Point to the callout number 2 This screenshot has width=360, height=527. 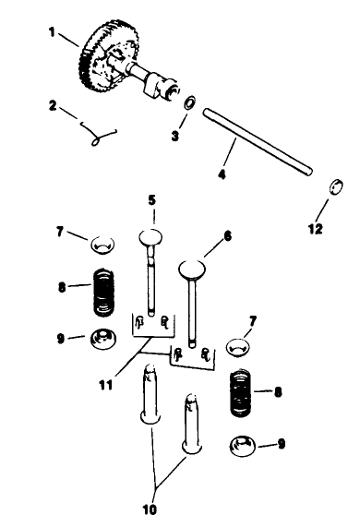pyautogui.click(x=54, y=106)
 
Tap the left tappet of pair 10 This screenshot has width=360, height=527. pyautogui.click(x=152, y=395)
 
